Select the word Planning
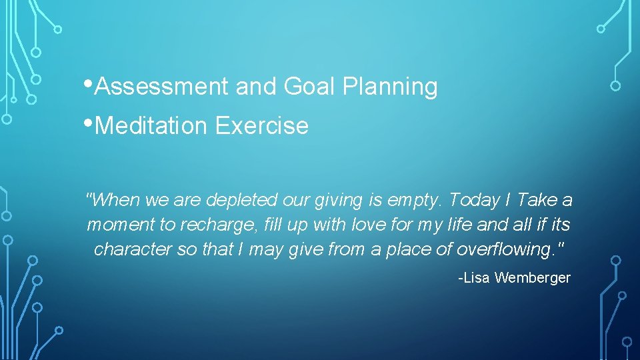click(x=389, y=87)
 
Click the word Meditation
click(x=151, y=125)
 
